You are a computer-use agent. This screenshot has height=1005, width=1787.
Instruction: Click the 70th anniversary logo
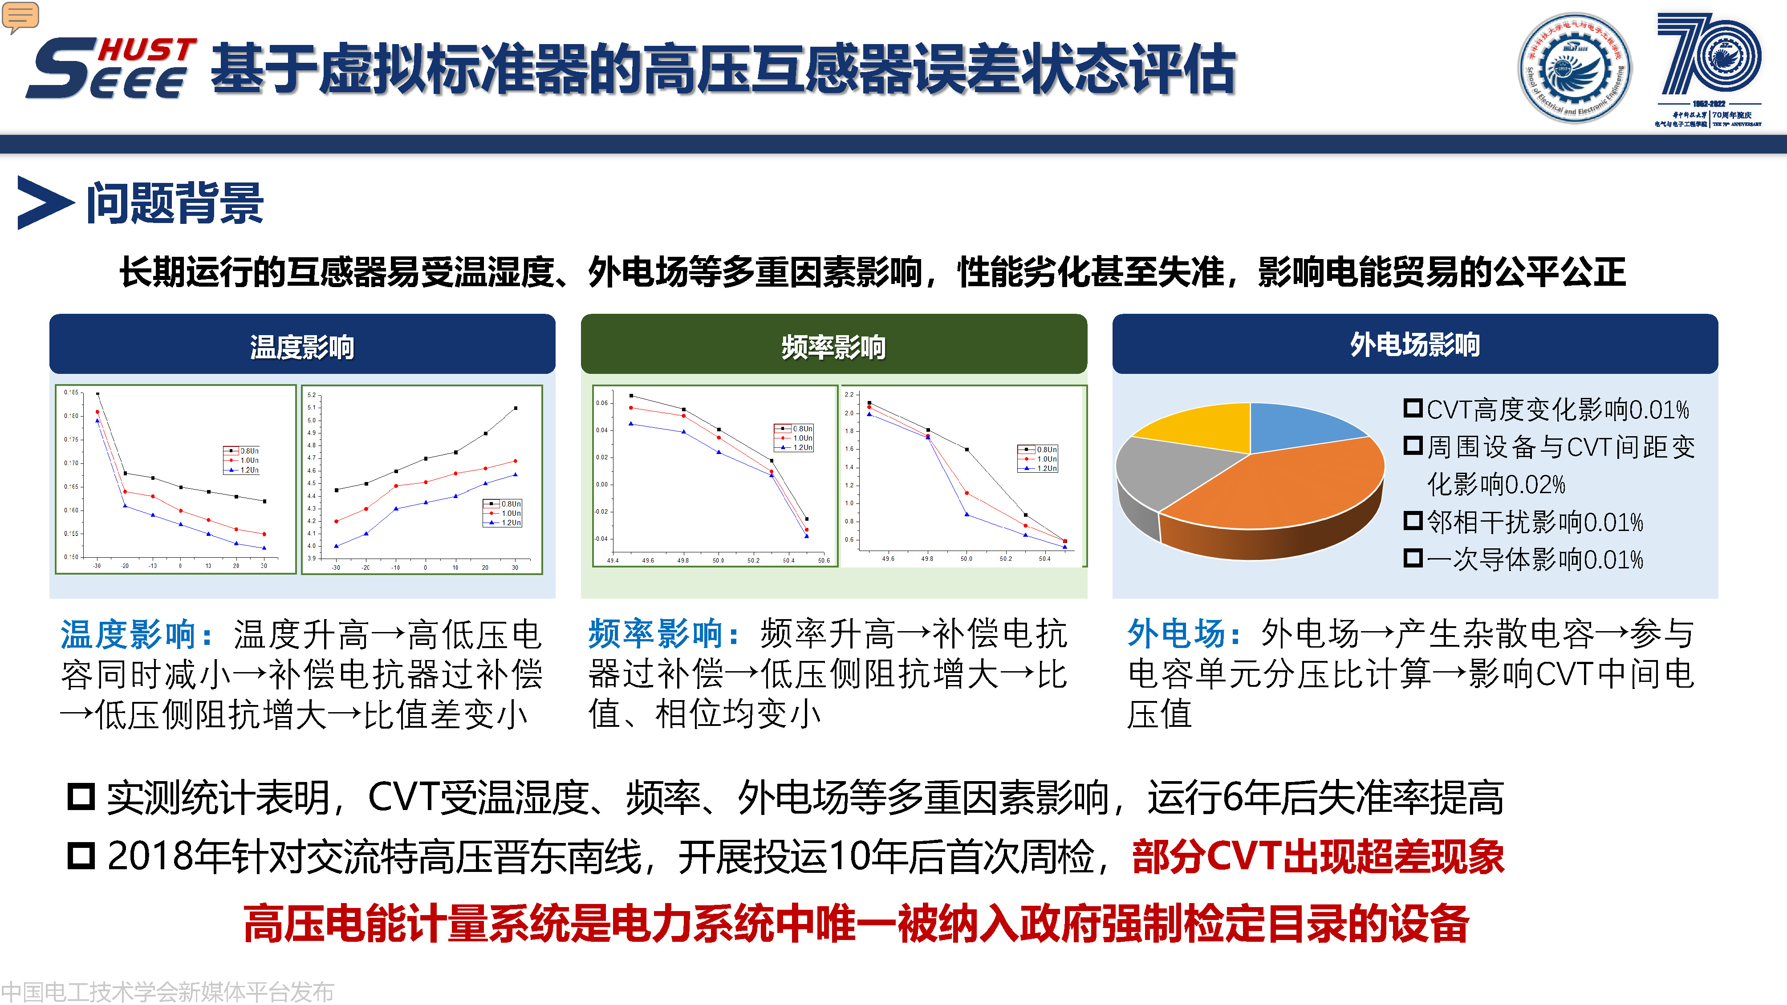click(1708, 69)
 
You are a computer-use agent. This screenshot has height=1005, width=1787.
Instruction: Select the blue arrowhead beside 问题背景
click(44, 203)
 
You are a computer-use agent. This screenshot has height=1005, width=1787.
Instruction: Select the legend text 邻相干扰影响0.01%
click(1534, 522)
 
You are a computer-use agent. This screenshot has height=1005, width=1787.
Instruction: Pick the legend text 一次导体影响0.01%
click(1534, 559)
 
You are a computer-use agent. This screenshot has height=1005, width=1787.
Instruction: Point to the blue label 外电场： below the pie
click(1183, 633)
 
